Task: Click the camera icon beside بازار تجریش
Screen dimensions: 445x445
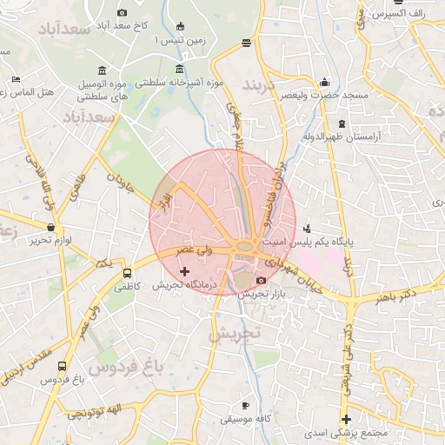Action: (261, 280)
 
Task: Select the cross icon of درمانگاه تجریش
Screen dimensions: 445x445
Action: (184, 272)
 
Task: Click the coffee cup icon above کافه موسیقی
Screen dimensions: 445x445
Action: (245, 405)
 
